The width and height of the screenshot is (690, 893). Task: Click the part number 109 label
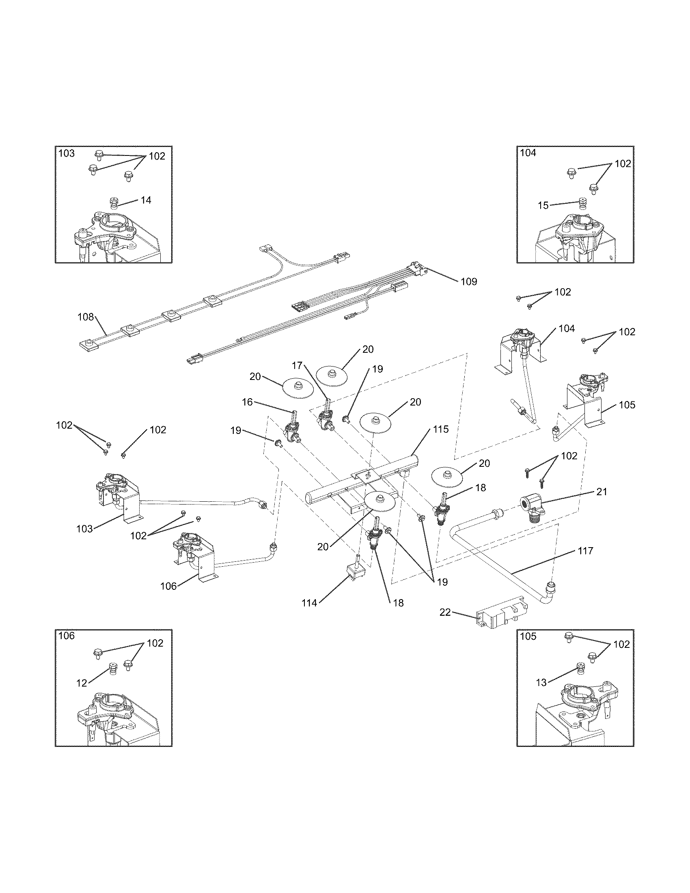pos(468,282)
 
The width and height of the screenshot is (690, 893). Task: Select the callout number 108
pos(85,317)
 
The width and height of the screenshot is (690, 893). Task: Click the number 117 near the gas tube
pos(585,551)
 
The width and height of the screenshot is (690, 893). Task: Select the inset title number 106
pos(67,635)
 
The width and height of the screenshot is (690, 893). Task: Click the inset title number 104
pos(528,153)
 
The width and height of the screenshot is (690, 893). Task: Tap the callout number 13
pos(541,683)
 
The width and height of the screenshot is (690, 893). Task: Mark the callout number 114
pos(309,603)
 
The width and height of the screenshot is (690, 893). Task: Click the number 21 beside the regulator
pos(601,492)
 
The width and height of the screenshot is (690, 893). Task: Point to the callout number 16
pos(247,402)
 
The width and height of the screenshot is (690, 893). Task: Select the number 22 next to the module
pos(445,612)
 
